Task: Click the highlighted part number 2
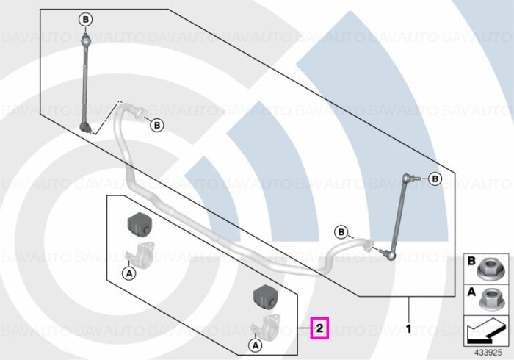tap(319, 328)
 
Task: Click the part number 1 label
tap(408, 329)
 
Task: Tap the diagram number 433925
tap(488, 353)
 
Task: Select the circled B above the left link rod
tap(86, 20)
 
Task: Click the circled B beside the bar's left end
tap(157, 125)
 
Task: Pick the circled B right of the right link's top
tap(435, 179)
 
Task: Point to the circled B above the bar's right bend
tap(341, 232)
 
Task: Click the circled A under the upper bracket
tap(129, 273)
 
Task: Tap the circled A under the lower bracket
tap(256, 345)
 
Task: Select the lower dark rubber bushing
tap(265, 296)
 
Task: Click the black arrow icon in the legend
tap(485, 331)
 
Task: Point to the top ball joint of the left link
tap(85, 40)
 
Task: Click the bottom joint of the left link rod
tap(86, 126)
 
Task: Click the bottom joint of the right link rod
tap(389, 254)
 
